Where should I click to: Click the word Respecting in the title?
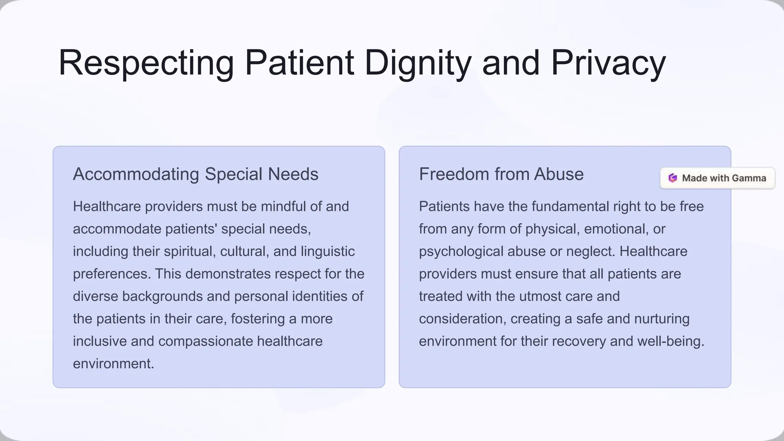146,63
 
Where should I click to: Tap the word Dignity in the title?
418,63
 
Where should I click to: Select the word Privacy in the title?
608,63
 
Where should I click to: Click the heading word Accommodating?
136,174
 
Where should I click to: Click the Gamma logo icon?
673,178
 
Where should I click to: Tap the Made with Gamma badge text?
724,178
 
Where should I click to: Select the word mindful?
283,207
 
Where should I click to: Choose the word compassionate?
206,341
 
